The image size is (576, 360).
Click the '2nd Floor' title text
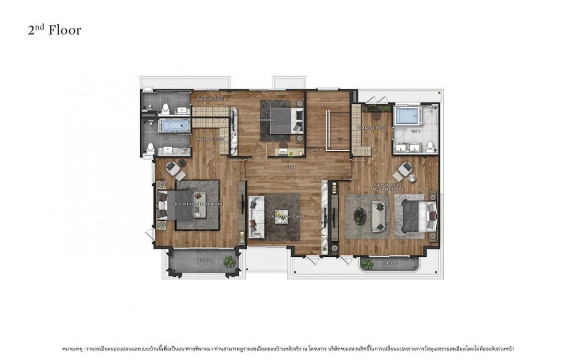pos(54,30)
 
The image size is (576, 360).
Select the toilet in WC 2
pos(151,147)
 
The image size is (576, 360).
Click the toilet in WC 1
pos(430,145)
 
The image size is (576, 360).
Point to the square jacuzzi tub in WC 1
pos(407,116)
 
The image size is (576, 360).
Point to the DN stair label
pos(316,150)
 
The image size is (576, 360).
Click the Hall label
pos(290,167)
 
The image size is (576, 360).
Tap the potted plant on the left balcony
pos(230,262)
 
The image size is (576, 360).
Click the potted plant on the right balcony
pos(368,264)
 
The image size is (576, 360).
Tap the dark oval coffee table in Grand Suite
pos(359,216)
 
